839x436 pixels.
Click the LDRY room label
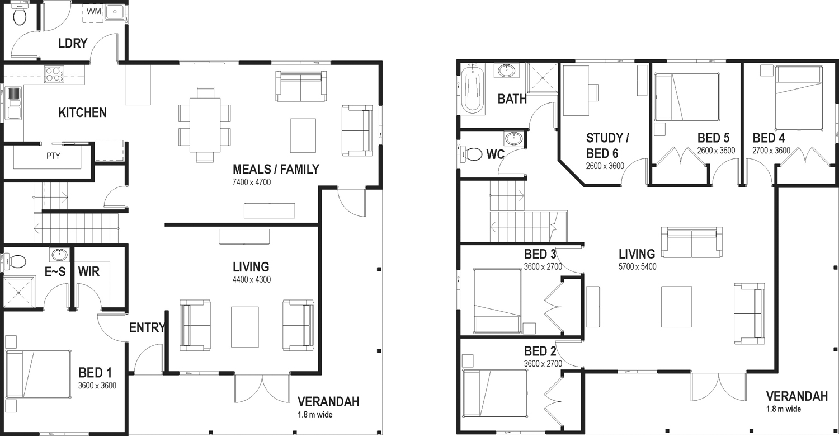(73, 43)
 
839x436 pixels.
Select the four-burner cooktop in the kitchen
(54, 74)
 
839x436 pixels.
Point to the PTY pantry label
(53, 156)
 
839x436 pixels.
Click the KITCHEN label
(82, 112)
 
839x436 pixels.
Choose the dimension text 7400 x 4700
(252, 182)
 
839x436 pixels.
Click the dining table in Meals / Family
(205, 125)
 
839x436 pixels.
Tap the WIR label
(89, 271)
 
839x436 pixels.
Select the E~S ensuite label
(55, 271)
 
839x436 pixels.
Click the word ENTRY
(147, 327)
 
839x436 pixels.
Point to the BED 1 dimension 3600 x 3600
(97, 386)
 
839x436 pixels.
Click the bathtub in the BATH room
(472, 89)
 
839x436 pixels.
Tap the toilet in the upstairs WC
(471, 154)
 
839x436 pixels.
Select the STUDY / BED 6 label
(607, 146)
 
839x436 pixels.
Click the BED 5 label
(714, 138)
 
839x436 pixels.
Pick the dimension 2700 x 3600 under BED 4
(771, 151)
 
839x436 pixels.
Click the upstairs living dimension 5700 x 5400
(638, 266)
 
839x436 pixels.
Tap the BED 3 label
(540, 254)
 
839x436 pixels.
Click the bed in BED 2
(495, 393)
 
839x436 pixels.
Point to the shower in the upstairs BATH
(543, 77)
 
